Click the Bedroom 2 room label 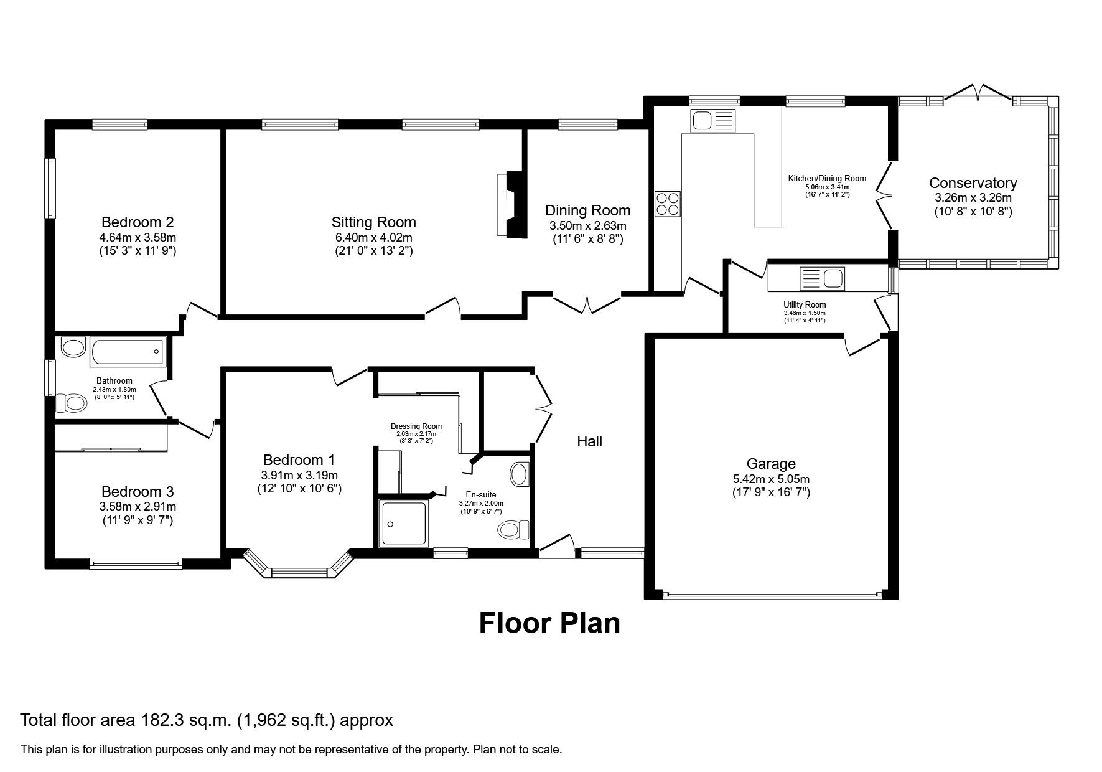tap(137, 222)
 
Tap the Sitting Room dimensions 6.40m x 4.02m tap(373, 237)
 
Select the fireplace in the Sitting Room tap(510, 204)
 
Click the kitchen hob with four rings tap(668, 203)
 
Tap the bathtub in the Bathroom tap(128, 352)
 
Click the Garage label tap(771, 464)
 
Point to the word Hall tap(589, 441)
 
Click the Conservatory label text tap(973, 183)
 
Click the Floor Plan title tap(549, 623)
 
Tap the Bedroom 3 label tap(137, 491)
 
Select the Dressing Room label tap(416, 426)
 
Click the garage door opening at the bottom tap(772, 595)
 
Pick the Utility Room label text tap(805, 305)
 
